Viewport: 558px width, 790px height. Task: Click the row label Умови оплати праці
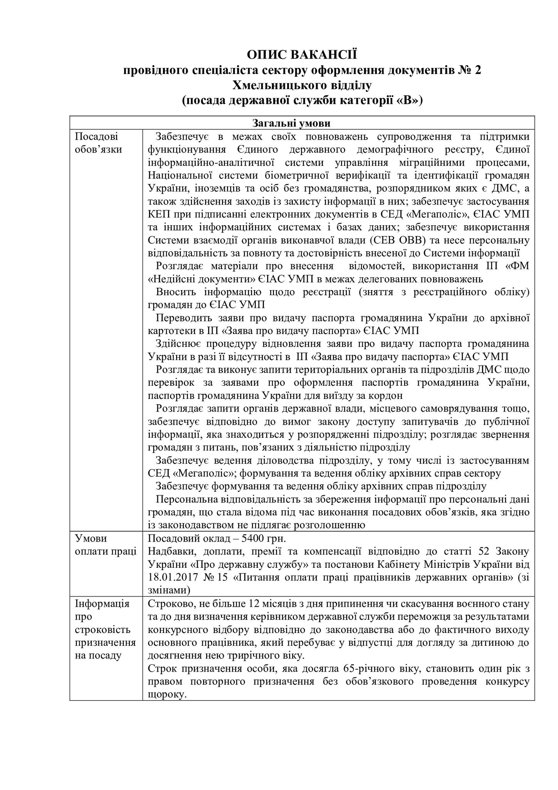105,545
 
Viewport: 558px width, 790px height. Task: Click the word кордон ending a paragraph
389,396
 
